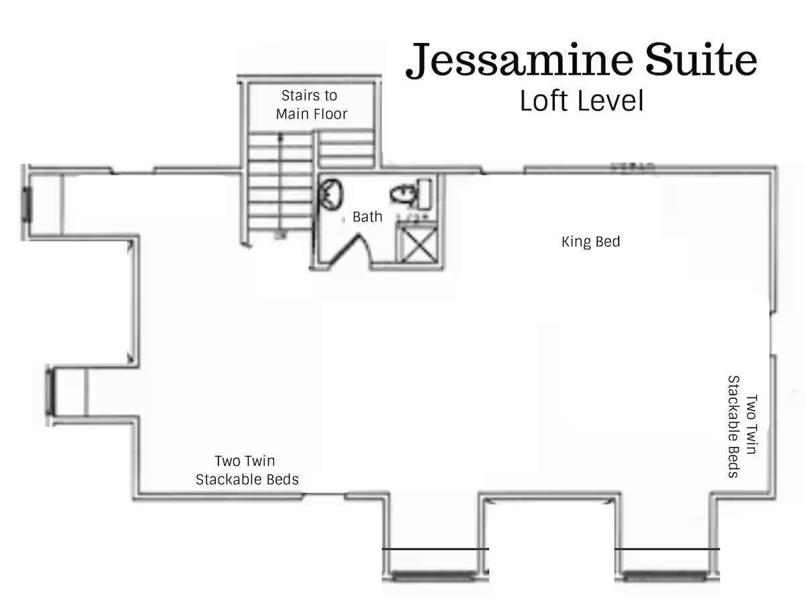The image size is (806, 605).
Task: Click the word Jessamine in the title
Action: tap(521, 61)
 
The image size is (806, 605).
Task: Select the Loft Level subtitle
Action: tap(582, 101)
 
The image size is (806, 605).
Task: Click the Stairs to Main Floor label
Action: tap(311, 105)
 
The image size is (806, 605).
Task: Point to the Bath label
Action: tap(367, 216)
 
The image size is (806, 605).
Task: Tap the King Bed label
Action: tap(590, 241)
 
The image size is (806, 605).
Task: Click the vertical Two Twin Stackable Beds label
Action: tap(743, 426)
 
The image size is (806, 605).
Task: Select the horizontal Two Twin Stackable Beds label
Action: tap(247, 470)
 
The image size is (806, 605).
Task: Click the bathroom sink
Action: tap(331, 194)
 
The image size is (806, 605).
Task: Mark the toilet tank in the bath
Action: tap(425, 194)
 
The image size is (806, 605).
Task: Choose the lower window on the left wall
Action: tap(50, 392)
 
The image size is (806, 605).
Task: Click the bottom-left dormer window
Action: tap(433, 576)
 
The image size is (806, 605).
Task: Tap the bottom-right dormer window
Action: tap(665, 576)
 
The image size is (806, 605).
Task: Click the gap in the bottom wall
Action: tap(324, 497)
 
